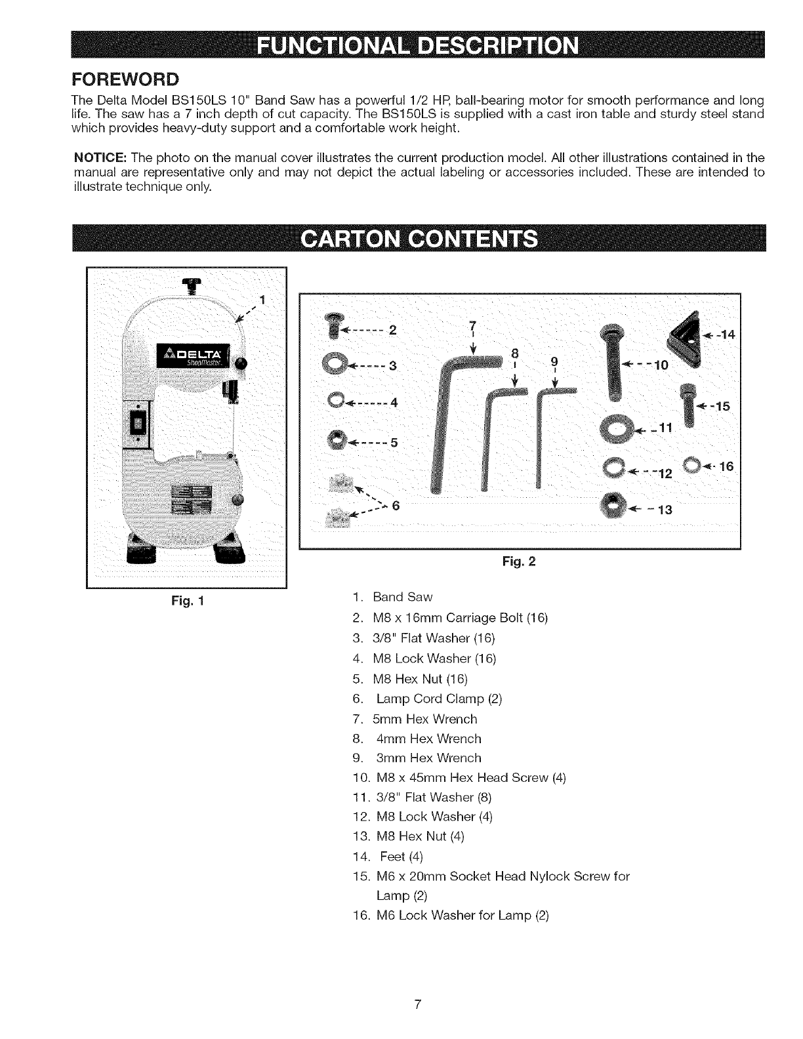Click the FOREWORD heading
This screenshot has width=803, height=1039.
[125, 79]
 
